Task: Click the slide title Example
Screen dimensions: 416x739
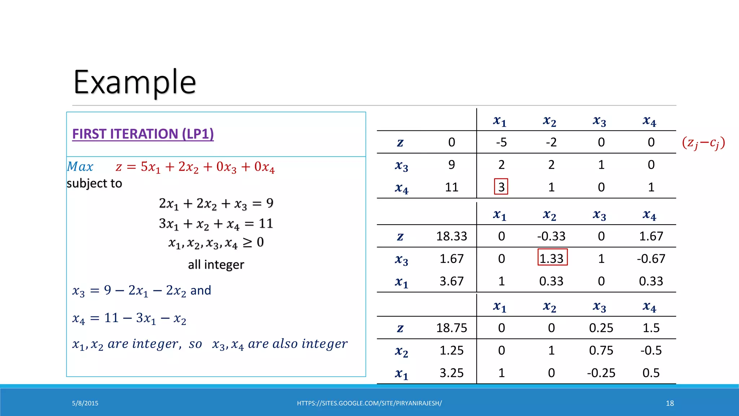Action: pos(135,82)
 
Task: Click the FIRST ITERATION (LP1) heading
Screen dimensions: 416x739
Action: pos(143,134)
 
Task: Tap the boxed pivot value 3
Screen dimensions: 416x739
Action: pos(501,187)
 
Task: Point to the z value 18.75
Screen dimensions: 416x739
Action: pos(451,328)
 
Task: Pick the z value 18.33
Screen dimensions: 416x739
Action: pos(451,236)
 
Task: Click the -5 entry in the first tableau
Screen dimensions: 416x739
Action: pos(501,142)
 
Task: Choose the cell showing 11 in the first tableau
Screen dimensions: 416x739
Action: pos(451,187)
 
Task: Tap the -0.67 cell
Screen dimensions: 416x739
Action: pos(651,259)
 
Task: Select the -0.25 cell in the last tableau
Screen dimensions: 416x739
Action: pos(601,373)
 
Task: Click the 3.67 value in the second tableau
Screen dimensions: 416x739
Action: pos(451,281)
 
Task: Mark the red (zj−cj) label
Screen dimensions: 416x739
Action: pos(703,143)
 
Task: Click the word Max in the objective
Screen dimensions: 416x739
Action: pos(80,167)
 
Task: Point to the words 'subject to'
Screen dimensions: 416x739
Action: pos(94,183)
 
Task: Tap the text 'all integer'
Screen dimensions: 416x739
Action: pos(216,265)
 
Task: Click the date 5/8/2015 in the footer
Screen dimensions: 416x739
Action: pos(85,403)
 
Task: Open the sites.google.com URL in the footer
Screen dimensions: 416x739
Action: pos(369,403)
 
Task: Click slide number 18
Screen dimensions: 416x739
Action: pos(670,403)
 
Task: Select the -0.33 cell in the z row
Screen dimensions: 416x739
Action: pos(551,236)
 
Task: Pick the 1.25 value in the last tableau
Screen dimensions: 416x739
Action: pos(451,350)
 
